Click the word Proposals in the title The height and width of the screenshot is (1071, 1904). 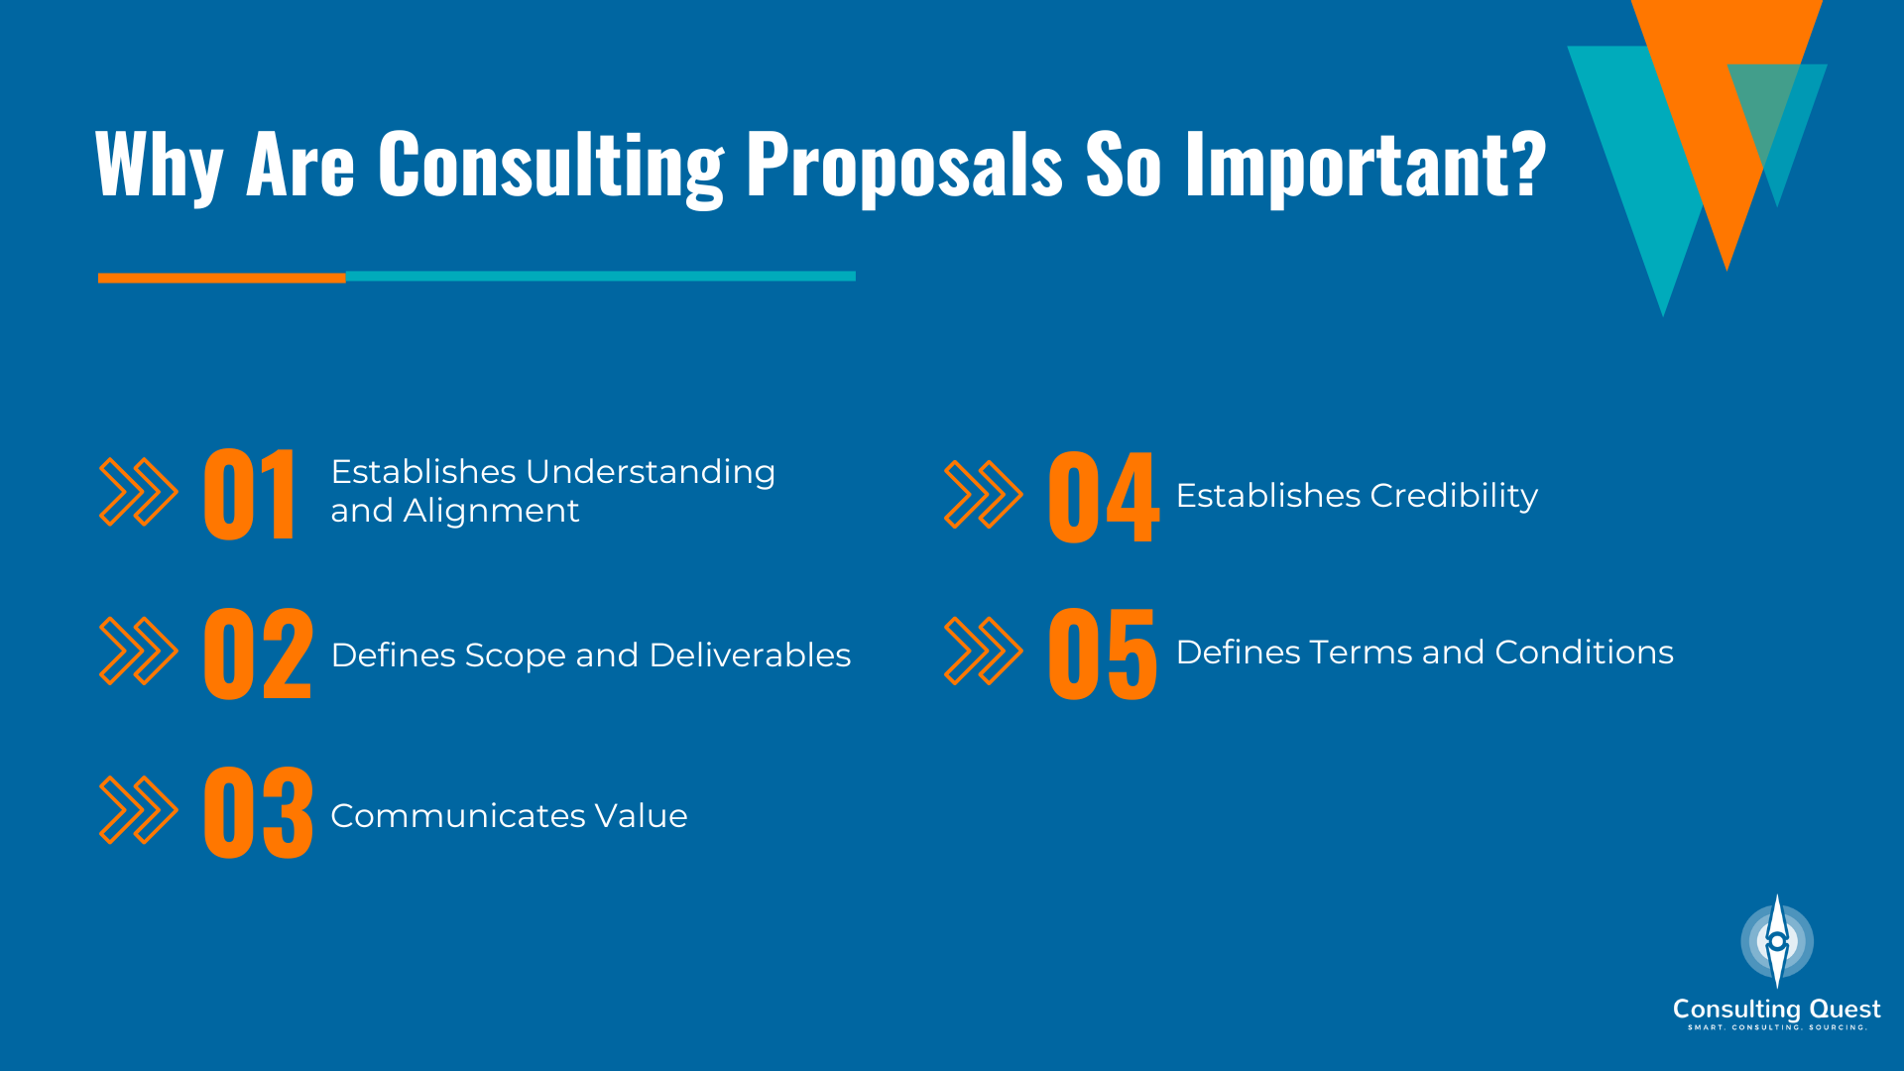click(x=903, y=165)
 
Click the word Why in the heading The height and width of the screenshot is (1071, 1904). click(x=159, y=165)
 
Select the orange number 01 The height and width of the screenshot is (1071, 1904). click(x=249, y=494)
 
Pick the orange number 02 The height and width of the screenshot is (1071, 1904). click(x=258, y=654)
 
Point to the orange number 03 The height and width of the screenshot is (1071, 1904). click(x=258, y=812)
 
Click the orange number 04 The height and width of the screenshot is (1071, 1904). click(x=1103, y=496)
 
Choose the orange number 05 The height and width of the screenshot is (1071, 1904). click(x=1103, y=654)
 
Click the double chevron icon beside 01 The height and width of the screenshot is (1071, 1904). click(x=139, y=492)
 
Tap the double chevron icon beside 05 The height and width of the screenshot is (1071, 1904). click(x=983, y=651)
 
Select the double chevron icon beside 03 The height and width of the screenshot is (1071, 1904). click(x=139, y=810)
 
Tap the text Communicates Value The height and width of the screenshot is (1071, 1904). click(x=509, y=815)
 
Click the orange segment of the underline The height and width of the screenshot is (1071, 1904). click(x=221, y=279)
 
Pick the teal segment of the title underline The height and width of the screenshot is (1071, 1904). click(x=600, y=277)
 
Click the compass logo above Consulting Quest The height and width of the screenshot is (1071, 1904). click(x=1777, y=941)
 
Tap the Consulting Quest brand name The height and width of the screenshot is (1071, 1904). click(x=1776, y=1009)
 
